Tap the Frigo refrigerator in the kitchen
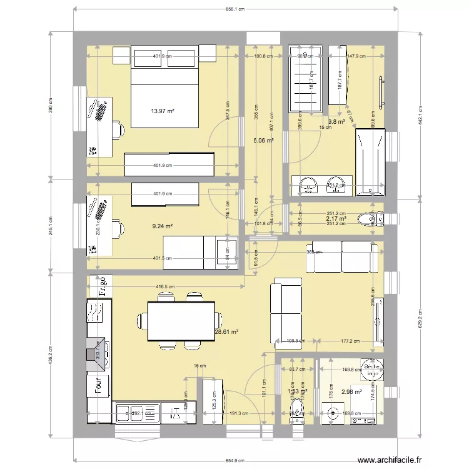[99, 285]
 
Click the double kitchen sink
[137, 413]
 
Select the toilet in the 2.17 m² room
[366, 220]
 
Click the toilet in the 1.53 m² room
[296, 410]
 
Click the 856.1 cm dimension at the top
[236, 9]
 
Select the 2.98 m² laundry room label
[351, 392]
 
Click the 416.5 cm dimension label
[165, 287]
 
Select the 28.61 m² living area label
[226, 333]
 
